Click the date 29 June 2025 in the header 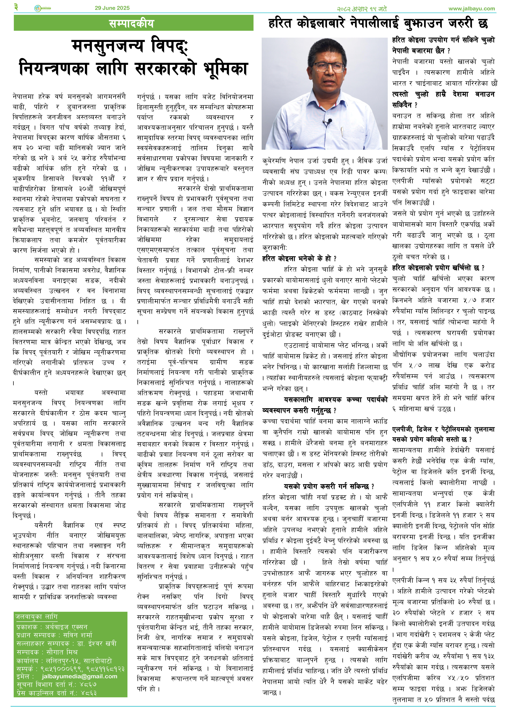[x=112, y=8]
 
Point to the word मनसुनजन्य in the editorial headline [x=108, y=46]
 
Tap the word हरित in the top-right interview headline [x=280, y=24]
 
